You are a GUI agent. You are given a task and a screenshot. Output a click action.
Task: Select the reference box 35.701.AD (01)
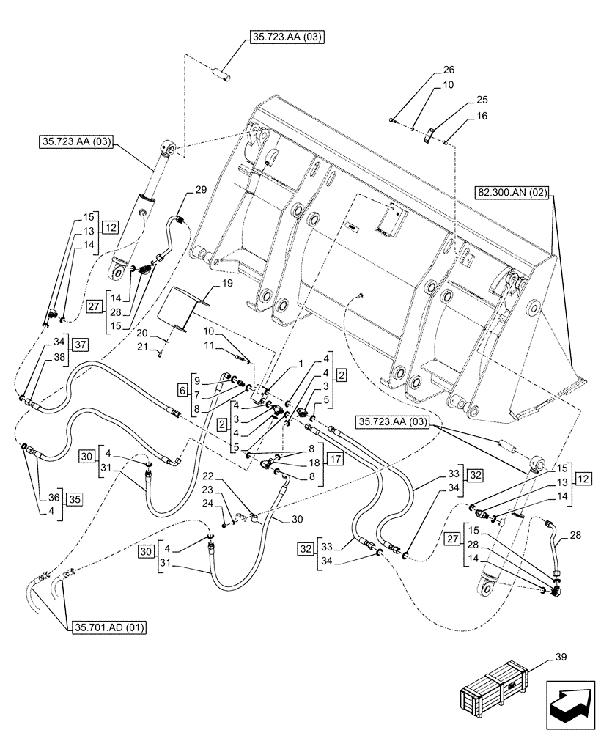110,627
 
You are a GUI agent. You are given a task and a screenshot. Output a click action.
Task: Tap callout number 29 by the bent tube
201,190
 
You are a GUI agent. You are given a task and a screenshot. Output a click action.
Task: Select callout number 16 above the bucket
481,116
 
